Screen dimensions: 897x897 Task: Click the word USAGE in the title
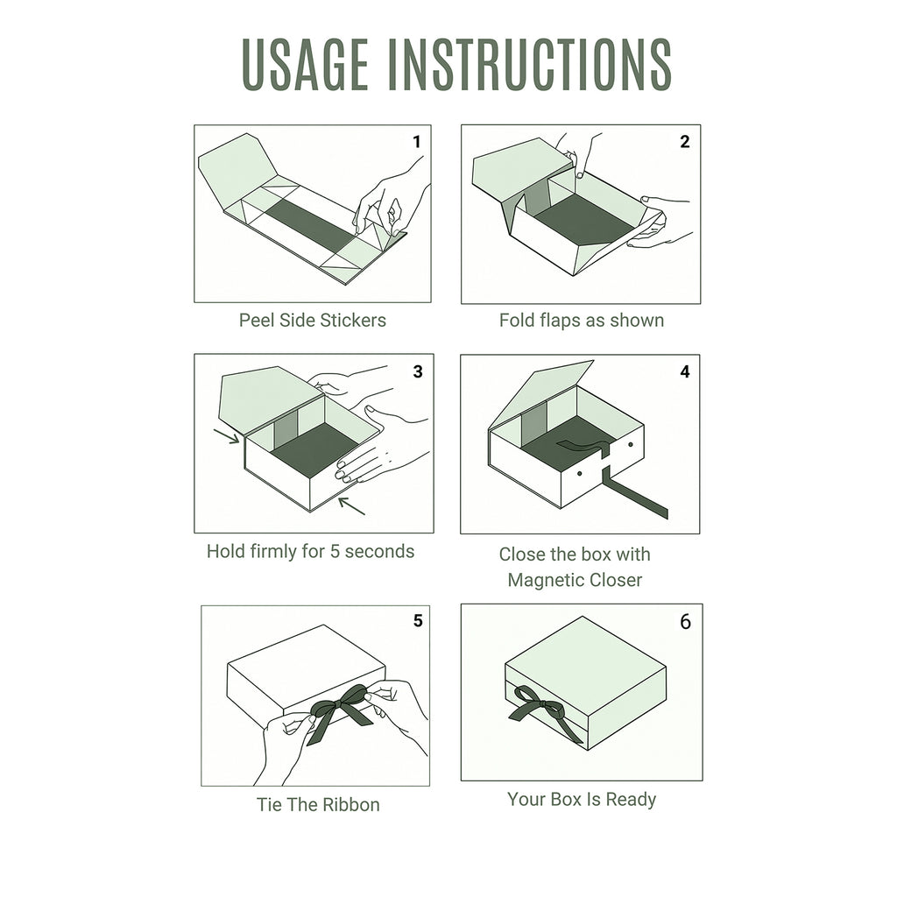click(306, 64)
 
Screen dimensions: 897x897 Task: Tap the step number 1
click(416, 141)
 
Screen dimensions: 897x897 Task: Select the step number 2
click(684, 141)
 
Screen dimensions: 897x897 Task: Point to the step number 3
click(418, 371)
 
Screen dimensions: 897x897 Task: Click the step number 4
click(685, 371)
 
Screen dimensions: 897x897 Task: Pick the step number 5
click(418, 621)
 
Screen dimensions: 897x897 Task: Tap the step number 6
click(685, 622)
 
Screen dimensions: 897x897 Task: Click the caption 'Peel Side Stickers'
click(313, 321)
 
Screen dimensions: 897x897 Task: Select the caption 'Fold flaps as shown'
click(582, 321)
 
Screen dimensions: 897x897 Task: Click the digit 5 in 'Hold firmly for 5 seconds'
click(335, 552)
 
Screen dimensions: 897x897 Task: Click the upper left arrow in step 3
click(227, 436)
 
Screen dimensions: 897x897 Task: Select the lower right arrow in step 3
click(351, 505)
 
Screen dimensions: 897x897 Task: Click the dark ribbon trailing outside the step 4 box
click(635, 492)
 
